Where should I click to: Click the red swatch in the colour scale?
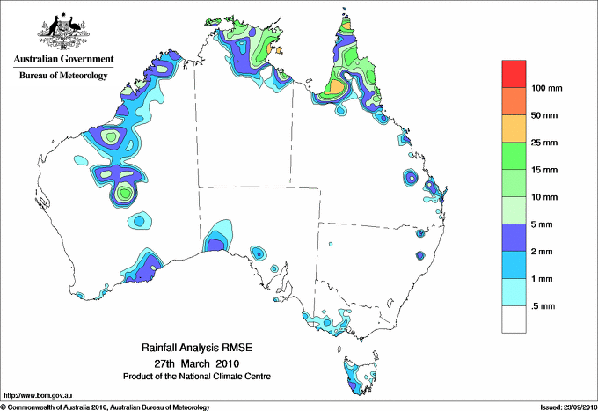coord(514,74)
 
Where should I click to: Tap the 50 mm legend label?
coord(545,115)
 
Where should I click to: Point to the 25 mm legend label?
coord(545,143)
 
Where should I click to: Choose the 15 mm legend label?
coord(545,170)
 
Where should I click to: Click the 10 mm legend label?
coord(545,197)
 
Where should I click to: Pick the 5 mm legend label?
coord(543,224)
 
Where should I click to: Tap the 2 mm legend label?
coord(543,252)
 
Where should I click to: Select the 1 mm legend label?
coord(543,279)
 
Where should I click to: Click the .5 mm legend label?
coord(543,306)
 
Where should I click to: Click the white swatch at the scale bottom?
coord(514,319)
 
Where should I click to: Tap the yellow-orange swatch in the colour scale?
coord(514,128)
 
